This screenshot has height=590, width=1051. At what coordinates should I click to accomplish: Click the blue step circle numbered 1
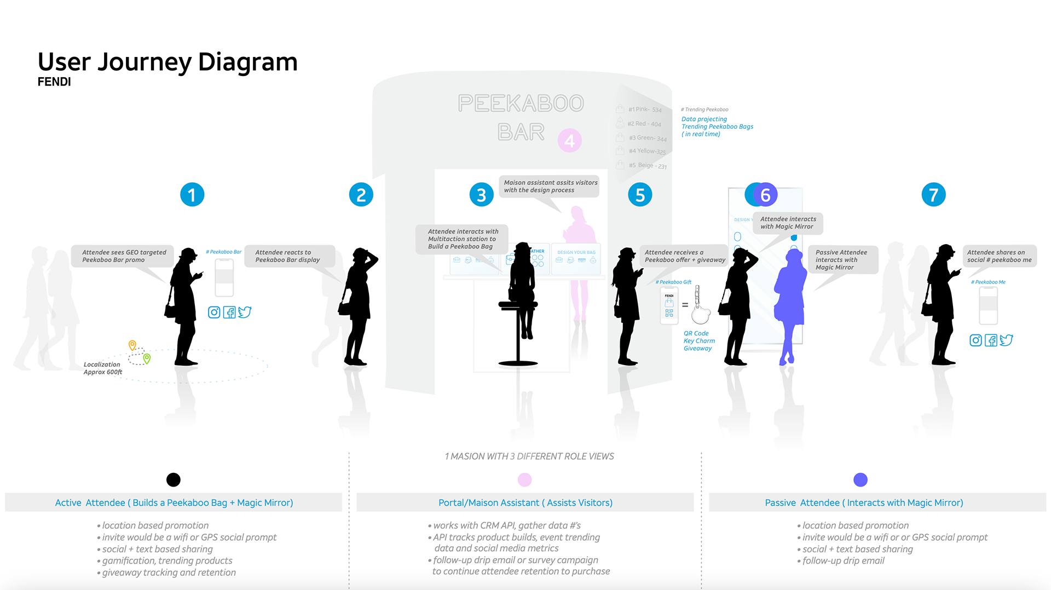pos(192,195)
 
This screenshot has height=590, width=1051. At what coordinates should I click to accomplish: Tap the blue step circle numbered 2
pos(361,195)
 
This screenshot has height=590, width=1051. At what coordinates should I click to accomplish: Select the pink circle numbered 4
pos(569,141)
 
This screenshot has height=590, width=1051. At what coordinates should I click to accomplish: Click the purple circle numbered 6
pos(766,195)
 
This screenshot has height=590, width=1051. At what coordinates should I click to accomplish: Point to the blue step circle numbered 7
pos(933,195)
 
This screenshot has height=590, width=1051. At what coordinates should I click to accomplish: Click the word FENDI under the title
pos(54,82)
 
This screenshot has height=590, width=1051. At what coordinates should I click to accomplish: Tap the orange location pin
pos(132,345)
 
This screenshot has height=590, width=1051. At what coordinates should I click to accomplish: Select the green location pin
pos(147,358)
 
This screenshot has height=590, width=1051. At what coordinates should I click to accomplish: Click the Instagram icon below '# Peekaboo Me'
pos(975,340)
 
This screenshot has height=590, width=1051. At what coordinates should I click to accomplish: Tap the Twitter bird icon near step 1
pos(245,312)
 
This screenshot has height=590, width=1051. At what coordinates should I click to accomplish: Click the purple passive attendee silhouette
pos(790,306)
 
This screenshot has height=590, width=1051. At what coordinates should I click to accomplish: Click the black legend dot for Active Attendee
pos(174,480)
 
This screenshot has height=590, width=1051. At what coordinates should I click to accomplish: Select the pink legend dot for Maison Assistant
pos(524,480)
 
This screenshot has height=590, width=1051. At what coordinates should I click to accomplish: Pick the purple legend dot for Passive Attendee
pos(861,480)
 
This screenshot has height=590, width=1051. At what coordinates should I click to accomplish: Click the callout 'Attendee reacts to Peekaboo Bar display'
pos(288,256)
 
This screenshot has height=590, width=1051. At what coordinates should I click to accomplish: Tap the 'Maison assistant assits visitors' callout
pos(550,187)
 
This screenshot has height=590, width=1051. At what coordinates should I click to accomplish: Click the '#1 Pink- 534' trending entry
pos(644,109)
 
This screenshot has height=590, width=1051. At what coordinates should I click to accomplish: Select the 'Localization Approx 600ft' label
pos(102,368)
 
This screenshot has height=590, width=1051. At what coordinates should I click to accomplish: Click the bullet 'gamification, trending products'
pos(167,561)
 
